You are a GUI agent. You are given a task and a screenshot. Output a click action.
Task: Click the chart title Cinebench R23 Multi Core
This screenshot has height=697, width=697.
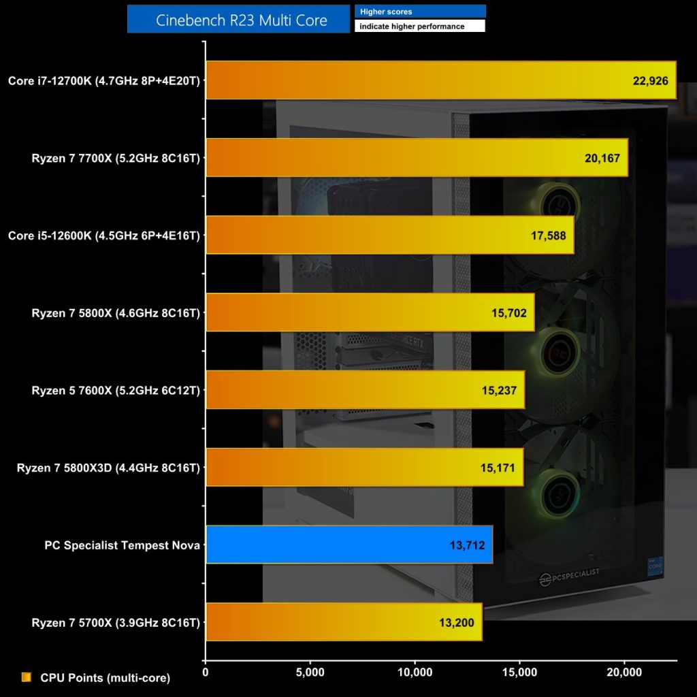point(241,20)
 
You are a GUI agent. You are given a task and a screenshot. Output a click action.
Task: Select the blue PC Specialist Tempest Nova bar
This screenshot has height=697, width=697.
point(348,545)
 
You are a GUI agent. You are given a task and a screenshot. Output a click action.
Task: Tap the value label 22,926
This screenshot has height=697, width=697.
point(650,80)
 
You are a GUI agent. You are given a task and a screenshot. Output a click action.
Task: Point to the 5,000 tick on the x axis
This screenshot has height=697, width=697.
point(310,672)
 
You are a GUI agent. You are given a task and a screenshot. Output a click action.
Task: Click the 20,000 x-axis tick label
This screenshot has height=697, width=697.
point(624,672)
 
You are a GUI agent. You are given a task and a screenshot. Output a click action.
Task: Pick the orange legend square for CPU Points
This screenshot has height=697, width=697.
point(27,677)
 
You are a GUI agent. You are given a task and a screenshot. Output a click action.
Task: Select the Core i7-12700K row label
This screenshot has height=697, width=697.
point(104,80)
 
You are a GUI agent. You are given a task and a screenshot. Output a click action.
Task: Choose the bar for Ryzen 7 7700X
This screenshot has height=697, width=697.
point(416,158)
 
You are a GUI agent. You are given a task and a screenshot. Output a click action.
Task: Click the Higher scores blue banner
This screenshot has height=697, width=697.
point(419,12)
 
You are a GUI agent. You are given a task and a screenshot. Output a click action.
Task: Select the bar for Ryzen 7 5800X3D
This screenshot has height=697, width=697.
point(364,468)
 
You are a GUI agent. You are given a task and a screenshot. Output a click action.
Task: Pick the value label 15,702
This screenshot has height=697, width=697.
point(509,313)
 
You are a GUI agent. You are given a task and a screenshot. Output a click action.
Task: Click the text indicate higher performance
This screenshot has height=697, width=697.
point(419,27)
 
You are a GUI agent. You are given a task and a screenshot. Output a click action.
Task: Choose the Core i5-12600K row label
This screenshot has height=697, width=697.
point(104,236)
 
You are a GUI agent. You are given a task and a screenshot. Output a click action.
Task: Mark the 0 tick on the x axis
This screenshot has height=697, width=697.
point(206,672)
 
